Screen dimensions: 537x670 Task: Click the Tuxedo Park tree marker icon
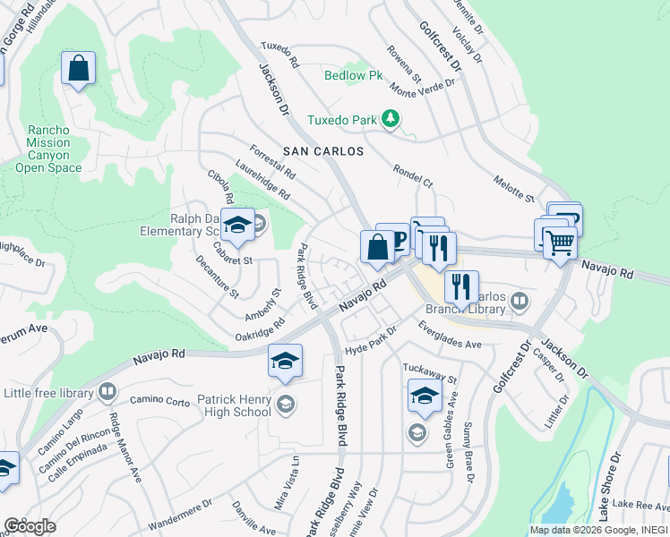[x=390, y=118]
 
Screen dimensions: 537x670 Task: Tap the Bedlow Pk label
[x=353, y=76]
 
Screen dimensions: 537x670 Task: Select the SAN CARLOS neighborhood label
[x=323, y=151]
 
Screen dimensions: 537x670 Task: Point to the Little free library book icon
[x=107, y=392]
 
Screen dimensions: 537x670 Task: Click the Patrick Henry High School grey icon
[x=285, y=403]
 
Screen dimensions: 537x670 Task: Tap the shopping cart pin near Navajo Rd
[x=560, y=240]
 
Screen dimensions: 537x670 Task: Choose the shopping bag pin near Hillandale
[x=78, y=67]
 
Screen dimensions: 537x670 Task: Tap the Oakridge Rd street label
[x=253, y=329]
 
